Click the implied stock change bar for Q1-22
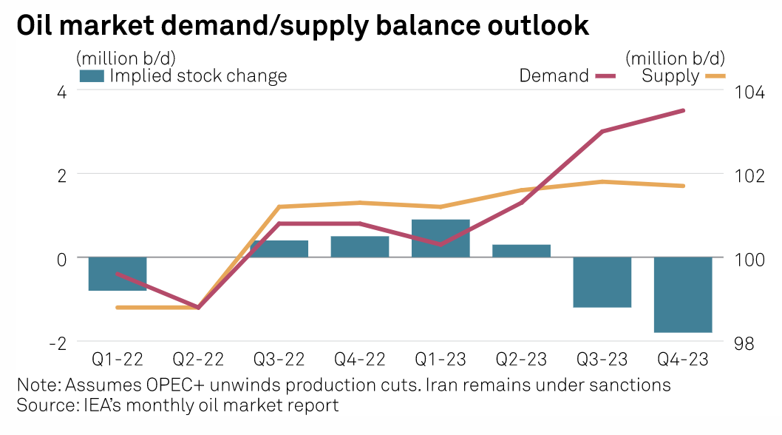[118, 274]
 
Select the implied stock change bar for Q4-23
[683, 294]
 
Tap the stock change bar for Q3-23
[602, 282]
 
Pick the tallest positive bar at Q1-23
[441, 238]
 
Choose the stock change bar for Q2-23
[521, 251]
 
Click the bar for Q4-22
[360, 246]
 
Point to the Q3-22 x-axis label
[279, 360]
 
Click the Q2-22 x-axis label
[198, 360]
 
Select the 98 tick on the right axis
[744, 343]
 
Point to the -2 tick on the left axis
[58, 343]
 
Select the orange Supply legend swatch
[715, 75]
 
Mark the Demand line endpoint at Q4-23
[683, 111]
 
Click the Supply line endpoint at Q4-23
[683, 186]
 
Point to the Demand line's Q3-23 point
[602, 132]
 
